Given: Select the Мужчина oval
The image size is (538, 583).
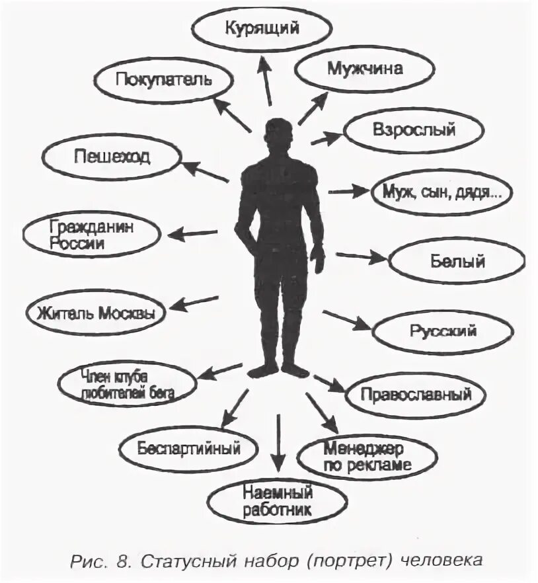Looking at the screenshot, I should [x=364, y=68].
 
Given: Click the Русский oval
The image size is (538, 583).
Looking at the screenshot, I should [x=442, y=330].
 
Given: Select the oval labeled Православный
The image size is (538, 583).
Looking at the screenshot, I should [x=416, y=395].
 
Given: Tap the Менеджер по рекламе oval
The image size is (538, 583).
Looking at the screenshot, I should [x=367, y=455].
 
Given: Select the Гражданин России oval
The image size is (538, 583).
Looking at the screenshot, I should [x=92, y=235].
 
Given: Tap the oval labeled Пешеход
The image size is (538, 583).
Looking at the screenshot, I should [x=111, y=157].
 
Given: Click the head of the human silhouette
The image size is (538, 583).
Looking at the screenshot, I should [x=278, y=132].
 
